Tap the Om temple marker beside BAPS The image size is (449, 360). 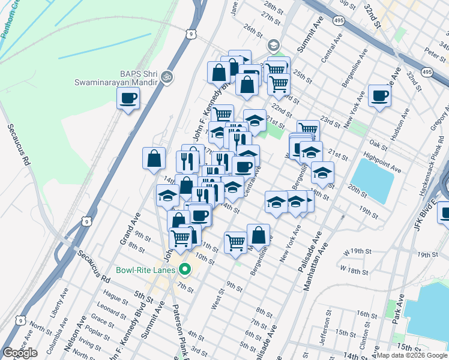[167, 77]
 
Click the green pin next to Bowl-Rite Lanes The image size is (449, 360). [185, 270]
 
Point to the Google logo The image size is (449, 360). [20, 353]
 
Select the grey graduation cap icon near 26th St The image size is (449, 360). [273, 46]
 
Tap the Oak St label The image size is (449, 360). [378, 145]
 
